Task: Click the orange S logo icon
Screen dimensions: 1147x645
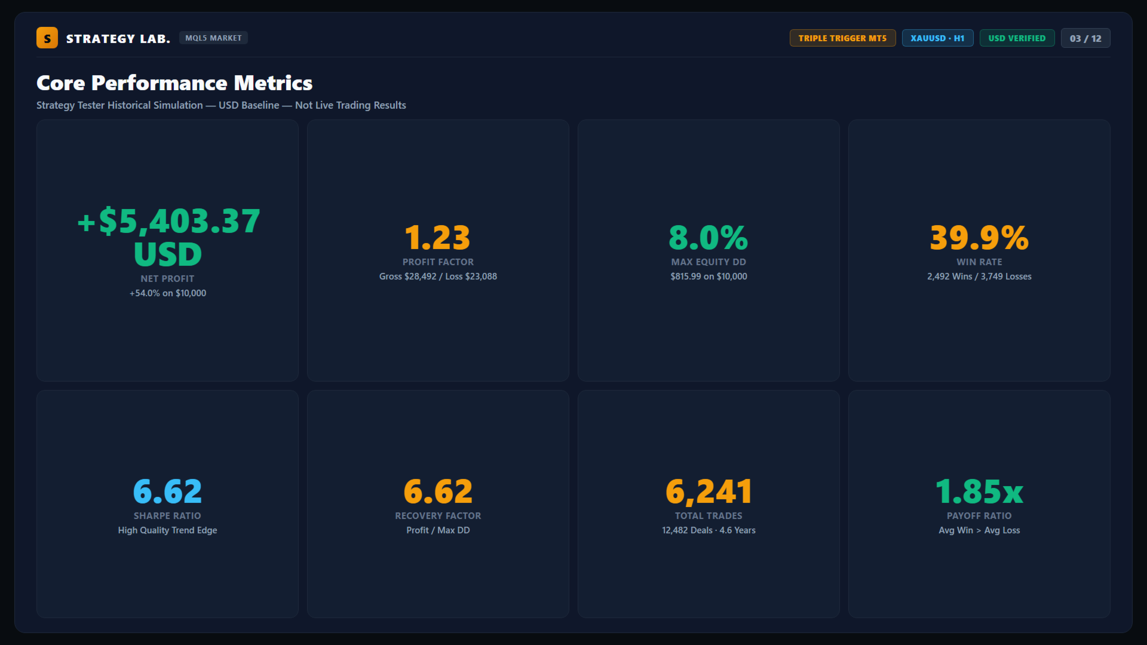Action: click(47, 38)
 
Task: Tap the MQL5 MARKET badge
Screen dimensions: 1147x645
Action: click(213, 38)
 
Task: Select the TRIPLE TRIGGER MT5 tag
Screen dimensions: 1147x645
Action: click(842, 38)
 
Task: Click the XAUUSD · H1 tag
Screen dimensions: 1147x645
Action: click(937, 38)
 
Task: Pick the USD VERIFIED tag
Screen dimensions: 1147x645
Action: click(1017, 38)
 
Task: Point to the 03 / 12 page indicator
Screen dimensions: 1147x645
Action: click(1085, 38)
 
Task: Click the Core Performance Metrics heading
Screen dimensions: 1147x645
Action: click(174, 83)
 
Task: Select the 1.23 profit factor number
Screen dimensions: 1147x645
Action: click(438, 237)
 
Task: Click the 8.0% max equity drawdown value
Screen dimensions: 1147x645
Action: click(709, 237)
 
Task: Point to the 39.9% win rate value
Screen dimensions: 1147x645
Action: click(979, 237)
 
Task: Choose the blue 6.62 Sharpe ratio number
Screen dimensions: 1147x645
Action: click(167, 492)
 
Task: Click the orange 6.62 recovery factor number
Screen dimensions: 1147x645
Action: click(438, 492)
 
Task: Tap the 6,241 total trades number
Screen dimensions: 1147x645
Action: click(709, 492)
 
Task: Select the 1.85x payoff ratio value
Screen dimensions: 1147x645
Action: click(979, 492)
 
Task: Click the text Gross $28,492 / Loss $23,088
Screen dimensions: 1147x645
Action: click(438, 277)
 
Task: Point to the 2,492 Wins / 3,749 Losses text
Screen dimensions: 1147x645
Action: click(979, 277)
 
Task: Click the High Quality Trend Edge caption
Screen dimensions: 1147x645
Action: click(167, 530)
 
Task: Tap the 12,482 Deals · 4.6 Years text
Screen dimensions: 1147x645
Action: click(709, 530)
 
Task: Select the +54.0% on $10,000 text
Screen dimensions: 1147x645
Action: click(168, 293)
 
